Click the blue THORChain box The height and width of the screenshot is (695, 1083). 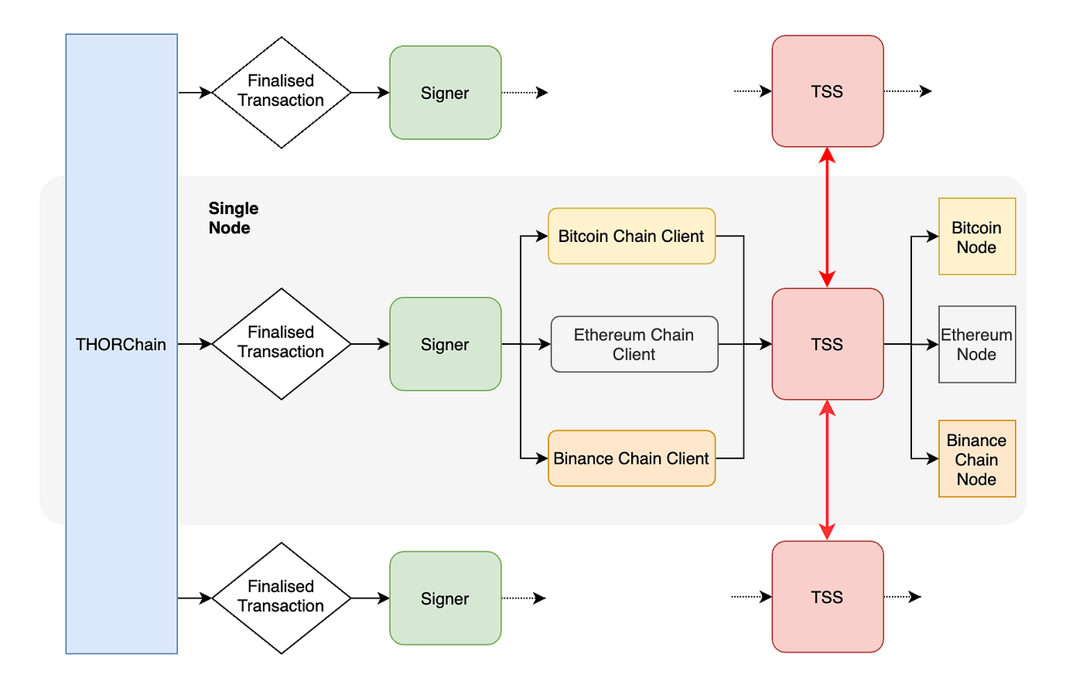[121, 344]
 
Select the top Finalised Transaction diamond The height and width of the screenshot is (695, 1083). [282, 92]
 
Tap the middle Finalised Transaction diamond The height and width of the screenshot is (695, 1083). [282, 343]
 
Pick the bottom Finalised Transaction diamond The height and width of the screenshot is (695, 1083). [282, 598]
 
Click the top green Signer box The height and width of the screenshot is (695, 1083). [445, 93]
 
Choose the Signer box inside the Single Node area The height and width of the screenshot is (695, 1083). [445, 344]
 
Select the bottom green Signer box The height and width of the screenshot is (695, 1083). [445, 598]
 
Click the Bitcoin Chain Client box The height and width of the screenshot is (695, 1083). [631, 236]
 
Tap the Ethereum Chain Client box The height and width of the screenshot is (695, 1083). [634, 344]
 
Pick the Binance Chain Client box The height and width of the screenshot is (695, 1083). [631, 458]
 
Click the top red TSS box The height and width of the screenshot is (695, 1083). [827, 91]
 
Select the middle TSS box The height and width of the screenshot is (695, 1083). [827, 344]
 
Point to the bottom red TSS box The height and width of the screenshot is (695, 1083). [827, 597]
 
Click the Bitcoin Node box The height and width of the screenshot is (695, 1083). [976, 237]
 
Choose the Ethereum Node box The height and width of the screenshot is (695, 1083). [976, 344]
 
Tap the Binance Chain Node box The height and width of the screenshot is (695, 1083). [976, 458]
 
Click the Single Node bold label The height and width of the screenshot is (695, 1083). [232, 218]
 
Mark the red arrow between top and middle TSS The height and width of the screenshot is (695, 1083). [827, 216]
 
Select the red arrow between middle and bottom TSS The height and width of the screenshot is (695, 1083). [827, 469]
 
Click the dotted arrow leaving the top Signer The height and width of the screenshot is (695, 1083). [524, 93]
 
